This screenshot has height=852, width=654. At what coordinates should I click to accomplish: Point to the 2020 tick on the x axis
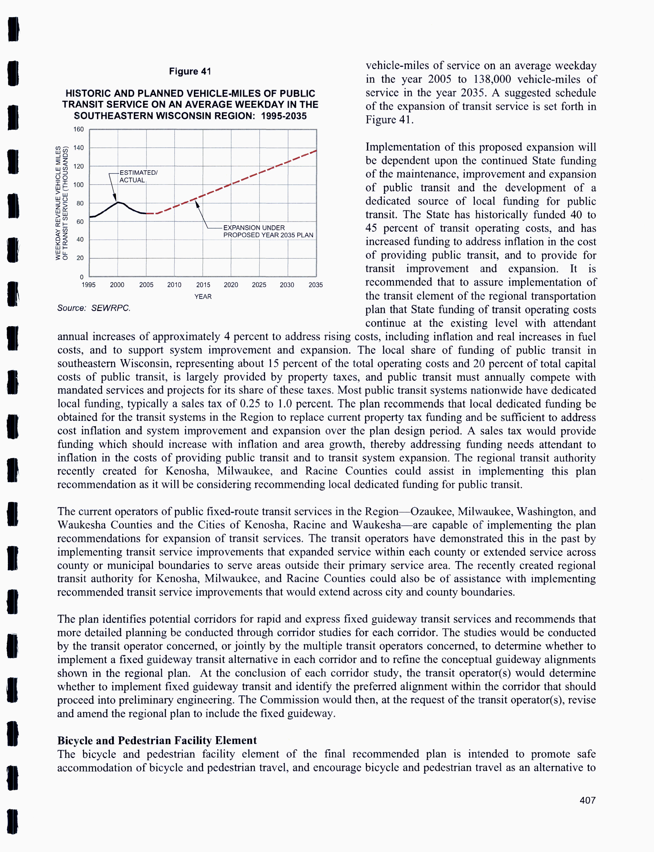[231, 285]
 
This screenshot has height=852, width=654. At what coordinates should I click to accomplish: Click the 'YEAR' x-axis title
[203, 296]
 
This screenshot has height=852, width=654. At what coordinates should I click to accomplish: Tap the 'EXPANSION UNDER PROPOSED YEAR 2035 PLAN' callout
[268, 231]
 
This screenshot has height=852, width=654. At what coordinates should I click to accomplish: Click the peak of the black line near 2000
[118, 202]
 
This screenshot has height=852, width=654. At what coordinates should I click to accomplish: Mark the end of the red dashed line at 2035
[316, 150]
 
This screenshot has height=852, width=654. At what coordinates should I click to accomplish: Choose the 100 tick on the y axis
[79, 185]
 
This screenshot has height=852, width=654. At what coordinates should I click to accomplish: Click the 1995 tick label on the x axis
[89, 285]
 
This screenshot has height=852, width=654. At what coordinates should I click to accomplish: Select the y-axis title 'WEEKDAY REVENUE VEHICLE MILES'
[58, 203]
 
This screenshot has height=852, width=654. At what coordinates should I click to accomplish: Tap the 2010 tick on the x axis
[174, 285]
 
